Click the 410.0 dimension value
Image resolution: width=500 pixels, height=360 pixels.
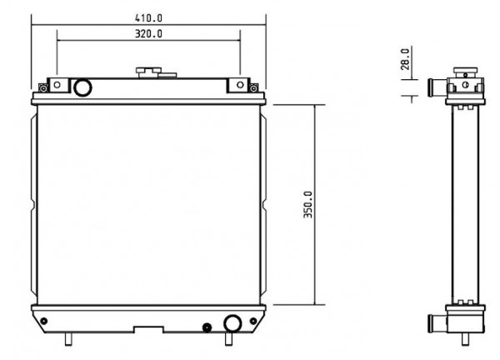click(x=148, y=18)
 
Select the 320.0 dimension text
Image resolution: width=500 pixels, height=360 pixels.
click(x=148, y=34)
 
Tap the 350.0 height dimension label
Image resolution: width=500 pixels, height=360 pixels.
click(x=308, y=204)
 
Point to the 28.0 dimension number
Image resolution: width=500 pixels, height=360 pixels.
click(x=405, y=59)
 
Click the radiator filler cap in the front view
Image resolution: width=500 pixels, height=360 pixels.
click(x=148, y=72)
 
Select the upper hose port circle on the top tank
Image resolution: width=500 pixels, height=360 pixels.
click(x=82, y=87)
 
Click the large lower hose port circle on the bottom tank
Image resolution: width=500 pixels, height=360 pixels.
click(x=232, y=323)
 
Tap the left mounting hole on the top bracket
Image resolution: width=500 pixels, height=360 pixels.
click(x=57, y=85)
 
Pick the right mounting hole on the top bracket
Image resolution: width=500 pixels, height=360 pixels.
click(x=241, y=85)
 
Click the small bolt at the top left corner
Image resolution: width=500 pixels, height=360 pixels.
click(x=43, y=87)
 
